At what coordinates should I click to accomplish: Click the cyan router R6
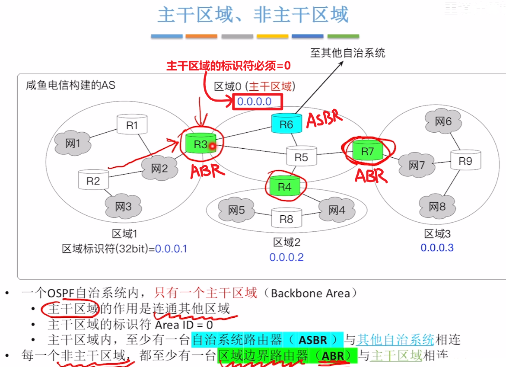[286, 124]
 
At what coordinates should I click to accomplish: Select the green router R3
[200, 144]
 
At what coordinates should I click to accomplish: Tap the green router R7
[367, 151]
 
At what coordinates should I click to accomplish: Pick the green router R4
[285, 186]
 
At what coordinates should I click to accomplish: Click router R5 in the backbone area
[301, 156]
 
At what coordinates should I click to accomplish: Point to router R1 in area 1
[132, 125]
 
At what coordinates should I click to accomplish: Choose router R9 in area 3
[465, 161]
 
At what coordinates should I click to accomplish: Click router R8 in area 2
[286, 218]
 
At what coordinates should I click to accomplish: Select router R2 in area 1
[93, 180]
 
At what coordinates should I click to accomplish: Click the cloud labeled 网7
[417, 165]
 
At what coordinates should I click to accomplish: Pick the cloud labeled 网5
[236, 211]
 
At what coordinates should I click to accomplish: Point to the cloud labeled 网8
[437, 207]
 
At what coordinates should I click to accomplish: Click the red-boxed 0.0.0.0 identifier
[257, 102]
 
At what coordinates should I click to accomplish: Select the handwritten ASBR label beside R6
[324, 118]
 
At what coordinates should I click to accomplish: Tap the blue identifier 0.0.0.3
[437, 248]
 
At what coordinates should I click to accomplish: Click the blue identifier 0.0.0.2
[286, 257]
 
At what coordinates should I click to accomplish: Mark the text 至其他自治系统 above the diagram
[347, 53]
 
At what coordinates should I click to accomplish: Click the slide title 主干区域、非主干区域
[253, 15]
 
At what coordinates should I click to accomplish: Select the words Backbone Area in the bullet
[310, 294]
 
